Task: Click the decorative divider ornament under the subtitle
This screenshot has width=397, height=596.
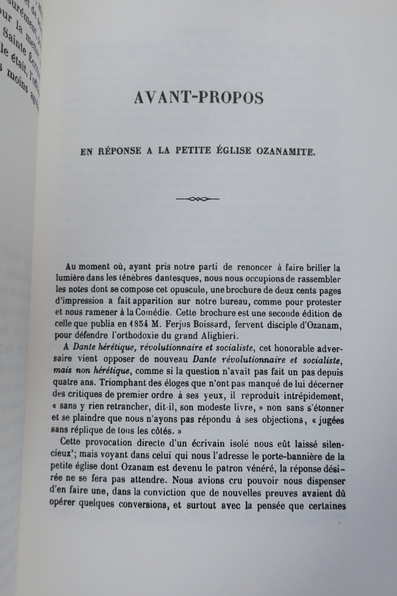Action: [x=198, y=199]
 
